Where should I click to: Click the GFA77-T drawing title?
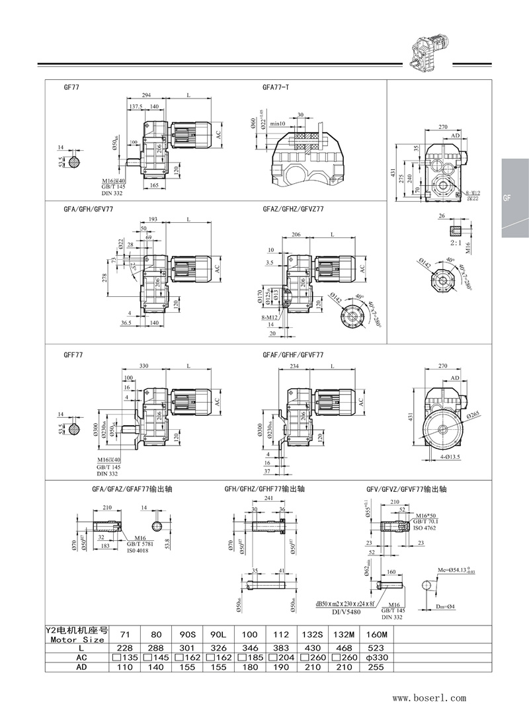pos(276,87)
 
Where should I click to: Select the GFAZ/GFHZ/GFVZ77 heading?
pos(293,208)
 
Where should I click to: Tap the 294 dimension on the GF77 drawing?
pos(145,97)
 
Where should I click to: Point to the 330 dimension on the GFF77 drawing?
pos(143,366)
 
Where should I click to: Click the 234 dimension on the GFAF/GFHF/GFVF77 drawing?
pos(295,366)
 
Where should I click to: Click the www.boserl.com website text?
pos(429,697)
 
